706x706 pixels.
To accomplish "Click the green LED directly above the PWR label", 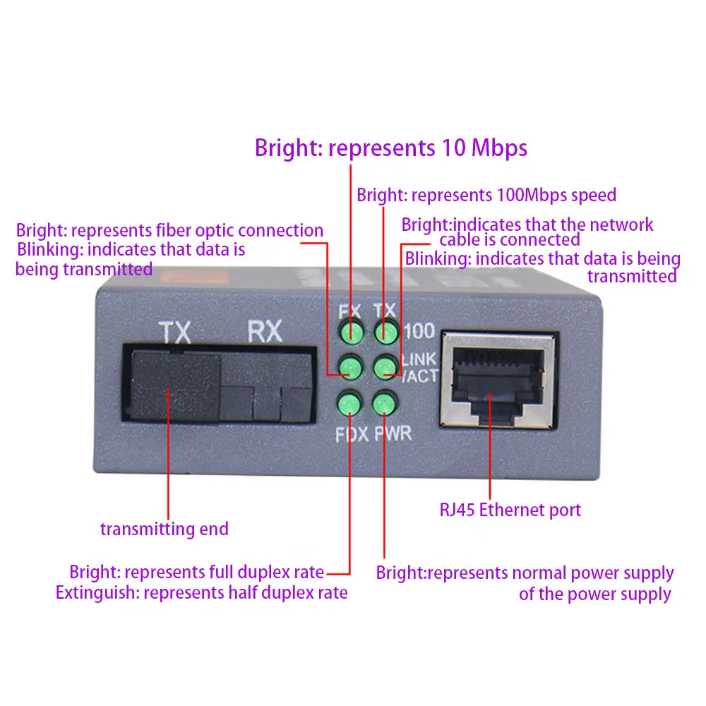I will pyautogui.click(x=383, y=405).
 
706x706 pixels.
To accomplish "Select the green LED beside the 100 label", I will pyautogui.click(x=384, y=332).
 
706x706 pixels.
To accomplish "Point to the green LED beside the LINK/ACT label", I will pyautogui.click(x=384, y=367).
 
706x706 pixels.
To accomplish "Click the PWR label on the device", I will pyautogui.click(x=393, y=433).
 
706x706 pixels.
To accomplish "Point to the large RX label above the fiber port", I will pyautogui.click(x=264, y=330).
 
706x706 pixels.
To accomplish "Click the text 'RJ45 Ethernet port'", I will pyautogui.click(x=510, y=510).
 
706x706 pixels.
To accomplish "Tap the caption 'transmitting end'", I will pyautogui.click(x=164, y=529).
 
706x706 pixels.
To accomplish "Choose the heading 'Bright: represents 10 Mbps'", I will pyautogui.click(x=391, y=148).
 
